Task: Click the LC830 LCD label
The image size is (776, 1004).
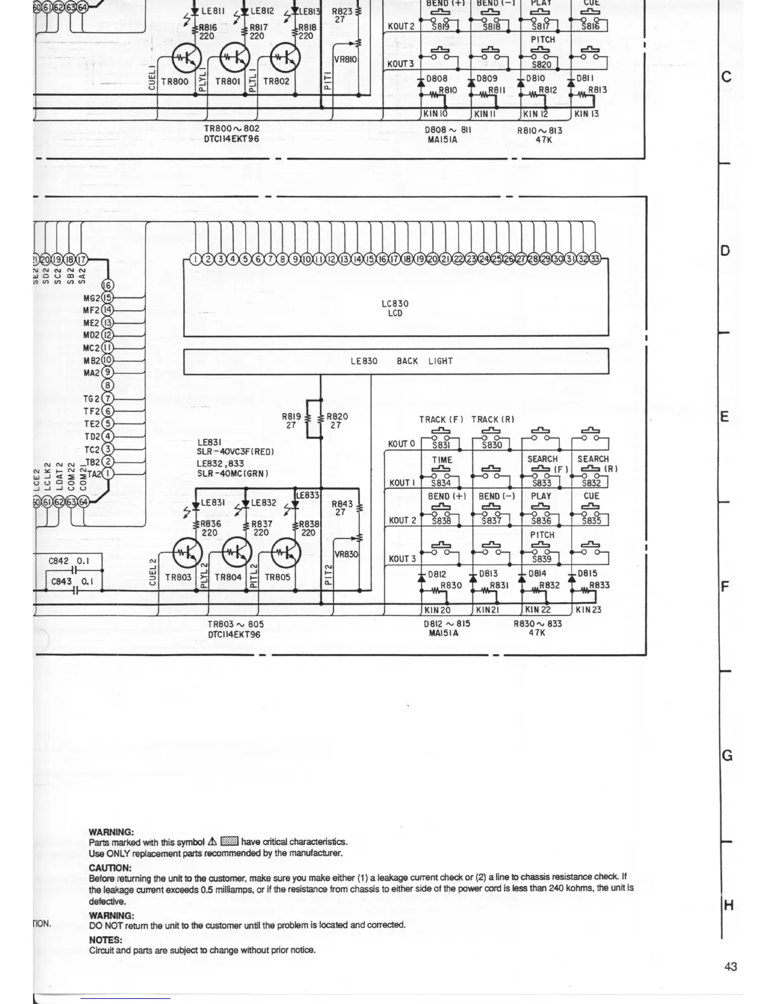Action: pos(395,308)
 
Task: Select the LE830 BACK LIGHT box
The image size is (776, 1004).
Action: pos(396,361)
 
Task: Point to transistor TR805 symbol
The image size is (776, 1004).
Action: pos(285,553)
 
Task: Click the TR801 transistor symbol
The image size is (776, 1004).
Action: pos(235,58)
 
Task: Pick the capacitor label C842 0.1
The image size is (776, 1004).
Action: pos(69,561)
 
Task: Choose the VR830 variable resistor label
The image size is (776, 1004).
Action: pos(346,554)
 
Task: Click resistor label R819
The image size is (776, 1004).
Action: pos(291,417)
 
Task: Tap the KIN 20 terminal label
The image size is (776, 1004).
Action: pos(437,610)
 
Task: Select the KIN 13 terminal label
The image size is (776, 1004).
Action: pos(586,114)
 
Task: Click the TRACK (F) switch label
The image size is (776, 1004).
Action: pos(441,420)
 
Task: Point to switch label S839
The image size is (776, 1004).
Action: pos(541,559)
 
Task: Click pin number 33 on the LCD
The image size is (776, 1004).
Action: pos(595,259)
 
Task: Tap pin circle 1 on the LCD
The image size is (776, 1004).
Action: pos(196,259)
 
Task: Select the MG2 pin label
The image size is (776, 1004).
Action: pos(91,298)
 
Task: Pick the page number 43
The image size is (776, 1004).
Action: pos(730,967)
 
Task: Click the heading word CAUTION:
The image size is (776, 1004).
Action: pos(110,868)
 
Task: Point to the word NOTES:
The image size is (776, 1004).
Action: pos(105,940)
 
